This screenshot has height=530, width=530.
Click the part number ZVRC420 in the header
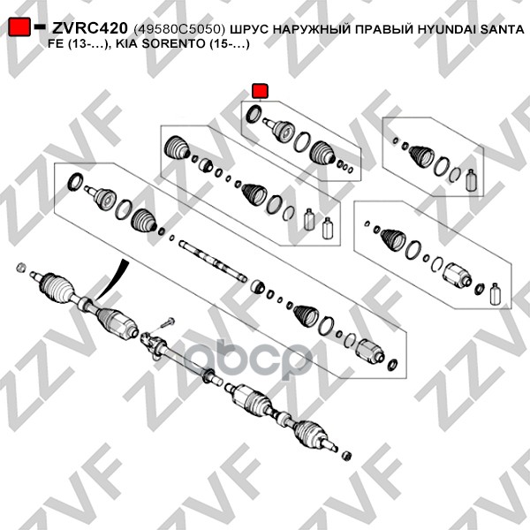click(89, 28)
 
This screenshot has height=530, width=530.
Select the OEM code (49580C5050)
click(179, 30)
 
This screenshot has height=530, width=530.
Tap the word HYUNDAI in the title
click(446, 29)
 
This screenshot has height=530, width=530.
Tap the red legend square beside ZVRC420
click(19, 27)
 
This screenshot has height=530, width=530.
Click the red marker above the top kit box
click(261, 91)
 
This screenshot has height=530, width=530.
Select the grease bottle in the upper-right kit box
click(471, 180)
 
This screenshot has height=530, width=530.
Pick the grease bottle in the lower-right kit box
click(495, 295)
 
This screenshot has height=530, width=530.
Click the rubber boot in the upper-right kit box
click(421, 156)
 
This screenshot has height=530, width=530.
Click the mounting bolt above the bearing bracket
click(167, 322)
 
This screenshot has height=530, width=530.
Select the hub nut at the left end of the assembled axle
click(21, 267)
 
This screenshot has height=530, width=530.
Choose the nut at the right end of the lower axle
click(347, 456)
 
